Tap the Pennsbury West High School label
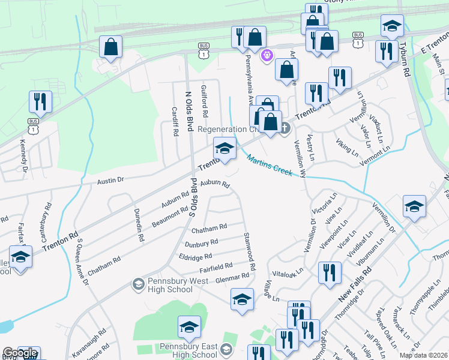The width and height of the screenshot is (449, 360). click(170, 285)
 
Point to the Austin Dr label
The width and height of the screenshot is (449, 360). click(110, 180)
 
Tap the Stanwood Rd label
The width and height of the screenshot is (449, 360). click(249, 251)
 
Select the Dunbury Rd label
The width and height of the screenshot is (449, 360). click(201, 244)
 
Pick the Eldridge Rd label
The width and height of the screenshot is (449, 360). click(195, 257)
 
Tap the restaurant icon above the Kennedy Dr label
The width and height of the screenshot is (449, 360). click(40, 101)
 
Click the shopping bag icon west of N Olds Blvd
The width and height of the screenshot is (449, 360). click(110, 47)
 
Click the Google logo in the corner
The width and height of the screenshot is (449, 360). click(20, 353)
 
